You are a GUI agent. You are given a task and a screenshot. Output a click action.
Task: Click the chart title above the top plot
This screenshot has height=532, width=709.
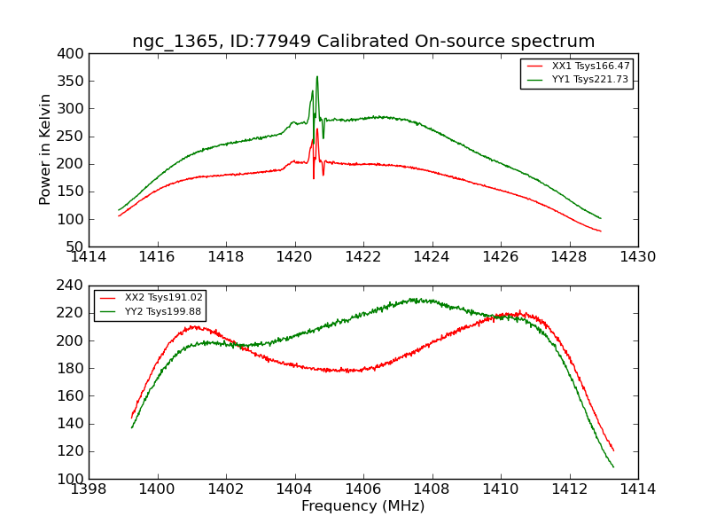point(363,42)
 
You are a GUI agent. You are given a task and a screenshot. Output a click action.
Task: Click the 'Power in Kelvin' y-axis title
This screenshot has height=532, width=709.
point(45,151)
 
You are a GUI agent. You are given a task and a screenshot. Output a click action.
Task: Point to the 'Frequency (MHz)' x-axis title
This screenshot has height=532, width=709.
point(363,506)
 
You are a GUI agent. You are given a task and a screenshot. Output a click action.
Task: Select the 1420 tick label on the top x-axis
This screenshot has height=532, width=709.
point(294,257)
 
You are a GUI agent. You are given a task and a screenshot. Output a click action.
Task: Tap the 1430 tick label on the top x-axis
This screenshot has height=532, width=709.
point(637,257)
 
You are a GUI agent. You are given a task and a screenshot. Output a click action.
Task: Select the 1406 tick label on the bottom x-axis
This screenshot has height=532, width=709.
point(363,489)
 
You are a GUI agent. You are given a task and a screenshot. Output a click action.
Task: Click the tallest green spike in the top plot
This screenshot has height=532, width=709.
point(316,77)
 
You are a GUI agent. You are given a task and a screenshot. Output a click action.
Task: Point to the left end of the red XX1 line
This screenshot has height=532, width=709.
point(119,215)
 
